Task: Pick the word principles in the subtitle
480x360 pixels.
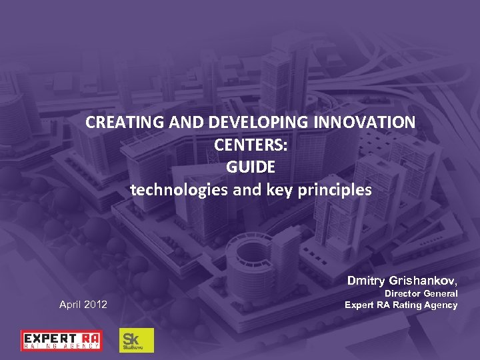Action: (337, 190)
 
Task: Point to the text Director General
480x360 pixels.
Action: (421, 293)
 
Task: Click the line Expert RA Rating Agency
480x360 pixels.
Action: (401, 305)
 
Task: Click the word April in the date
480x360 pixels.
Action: (71, 305)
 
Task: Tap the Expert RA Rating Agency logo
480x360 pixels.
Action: (61, 340)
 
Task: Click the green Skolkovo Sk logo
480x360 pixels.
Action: (136, 340)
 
